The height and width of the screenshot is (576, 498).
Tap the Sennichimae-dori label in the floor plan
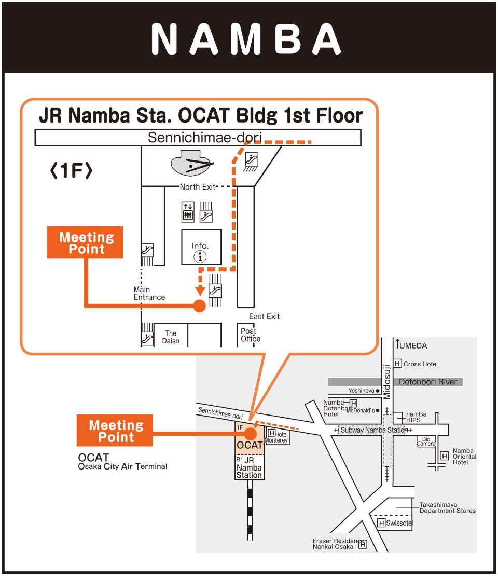pyautogui.click(x=205, y=138)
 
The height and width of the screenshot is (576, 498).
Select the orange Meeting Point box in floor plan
pyautogui.click(x=85, y=243)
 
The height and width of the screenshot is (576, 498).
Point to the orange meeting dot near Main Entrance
pyautogui.click(x=199, y=306)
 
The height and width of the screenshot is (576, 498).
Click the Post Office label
pyautogui.click(x=251, y=335)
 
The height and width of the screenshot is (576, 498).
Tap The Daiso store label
pyautogui.click(x=171, y=337)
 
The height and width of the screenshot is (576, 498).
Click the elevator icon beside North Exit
pyautogui.click(x=188, y=211)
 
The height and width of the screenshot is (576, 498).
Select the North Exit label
pyautogui.click(x=197, y=187)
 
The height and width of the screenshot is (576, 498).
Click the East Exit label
pyautogui.click(x=264, y=316)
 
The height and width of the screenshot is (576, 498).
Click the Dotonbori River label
pyautogui.click(x=428, y=382)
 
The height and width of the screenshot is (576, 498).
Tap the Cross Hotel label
pyautogui.click(x=420, y=364)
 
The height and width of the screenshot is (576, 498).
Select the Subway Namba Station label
pyautogui.click(x=374, y=430)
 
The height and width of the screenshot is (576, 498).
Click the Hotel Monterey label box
pyautogui.click(x=277, y=437)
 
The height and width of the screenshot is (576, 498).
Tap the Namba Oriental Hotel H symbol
pyautogui.click(x=445, y=456)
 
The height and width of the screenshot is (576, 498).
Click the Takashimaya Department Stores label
pyautogui.click(x=447, y=507)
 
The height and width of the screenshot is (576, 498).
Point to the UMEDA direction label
pyautogui.click(x=413, y=345)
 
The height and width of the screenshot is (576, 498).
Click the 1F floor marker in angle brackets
pyautogui.click(x=71, y=170)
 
